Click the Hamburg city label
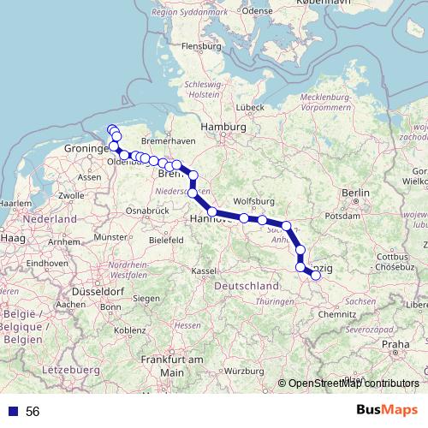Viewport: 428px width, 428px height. pyautogui.click(x=217, y=128)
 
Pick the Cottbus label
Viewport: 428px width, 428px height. pyautogui.click(x=394, y=256)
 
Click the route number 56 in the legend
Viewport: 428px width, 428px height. pyautogui.click(x=33, y=411)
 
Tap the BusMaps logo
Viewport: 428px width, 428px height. pyautogui.click(x=382, y=411)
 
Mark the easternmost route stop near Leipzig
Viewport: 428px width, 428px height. pyautogui.click(x=316, y=275)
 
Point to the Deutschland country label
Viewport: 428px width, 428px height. pyautogui.click(x=247, y=285)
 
